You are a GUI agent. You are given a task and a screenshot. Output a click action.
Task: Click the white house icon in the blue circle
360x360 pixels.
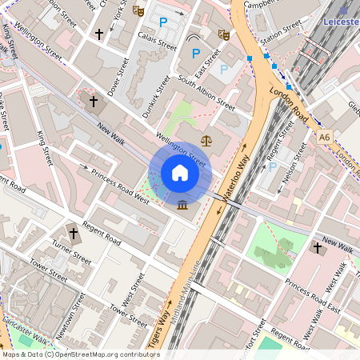point(180,173)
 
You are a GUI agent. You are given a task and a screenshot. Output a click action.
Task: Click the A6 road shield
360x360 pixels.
point(324,138)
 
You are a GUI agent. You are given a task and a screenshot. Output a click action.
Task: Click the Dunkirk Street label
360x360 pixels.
point(156,96)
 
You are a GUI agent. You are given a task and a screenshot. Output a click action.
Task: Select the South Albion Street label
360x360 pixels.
point(206,92)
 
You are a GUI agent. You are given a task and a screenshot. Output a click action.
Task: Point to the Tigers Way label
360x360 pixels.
point(158,325)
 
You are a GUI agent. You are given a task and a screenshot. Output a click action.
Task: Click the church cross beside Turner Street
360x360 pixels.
point(74,234)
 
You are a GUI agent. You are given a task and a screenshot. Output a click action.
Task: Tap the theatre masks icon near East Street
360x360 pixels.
point(224,34)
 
